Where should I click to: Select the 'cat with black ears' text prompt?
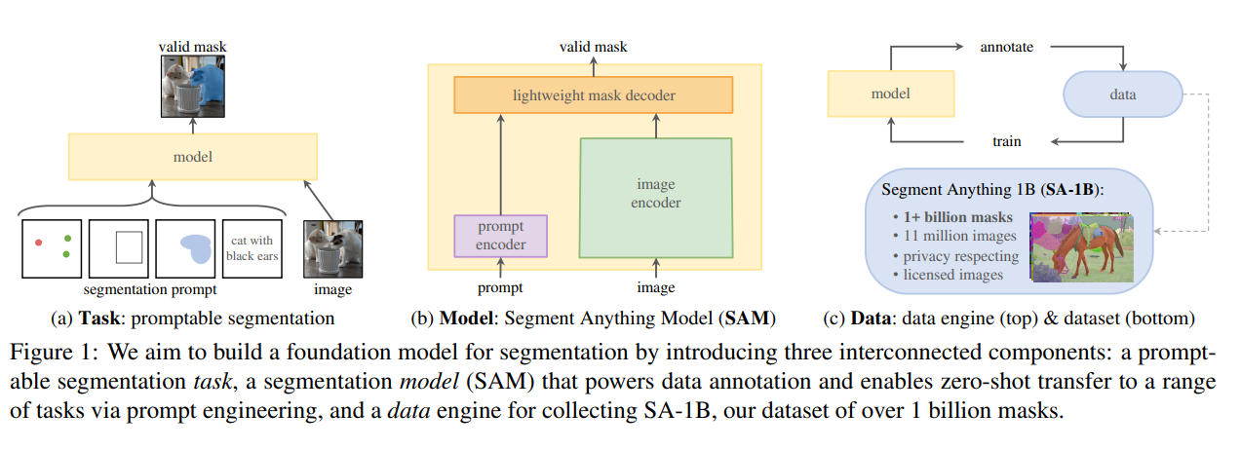252,247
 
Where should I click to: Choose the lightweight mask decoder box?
594,94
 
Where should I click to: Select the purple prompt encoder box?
500,236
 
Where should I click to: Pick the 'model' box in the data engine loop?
889,94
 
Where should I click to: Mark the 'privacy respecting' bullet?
954,256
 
